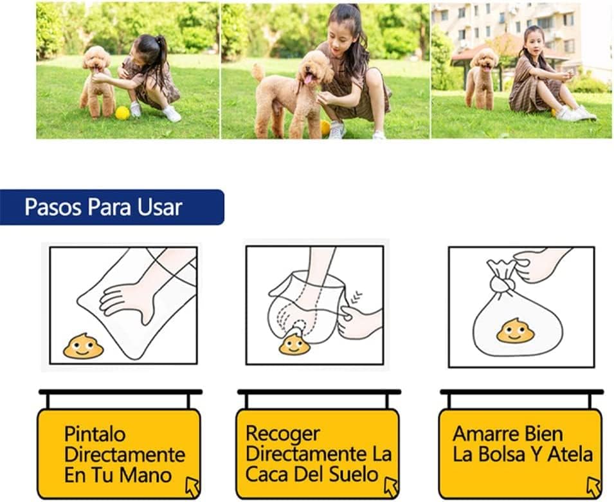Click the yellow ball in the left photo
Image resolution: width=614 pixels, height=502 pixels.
point(123,112)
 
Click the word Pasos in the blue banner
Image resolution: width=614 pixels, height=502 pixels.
point(53,207)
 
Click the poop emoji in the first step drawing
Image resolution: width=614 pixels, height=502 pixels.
point(84,346)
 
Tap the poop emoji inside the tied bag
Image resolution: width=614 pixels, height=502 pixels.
point(516,330)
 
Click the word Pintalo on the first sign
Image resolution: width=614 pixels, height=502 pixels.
point(95,435)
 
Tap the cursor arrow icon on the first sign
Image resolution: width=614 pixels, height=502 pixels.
point(193,487)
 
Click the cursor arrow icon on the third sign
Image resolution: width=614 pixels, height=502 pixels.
point(594,487)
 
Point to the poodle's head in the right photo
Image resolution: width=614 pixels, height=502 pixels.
point(484,59)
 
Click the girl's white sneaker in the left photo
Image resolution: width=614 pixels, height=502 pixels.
point(172,114)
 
